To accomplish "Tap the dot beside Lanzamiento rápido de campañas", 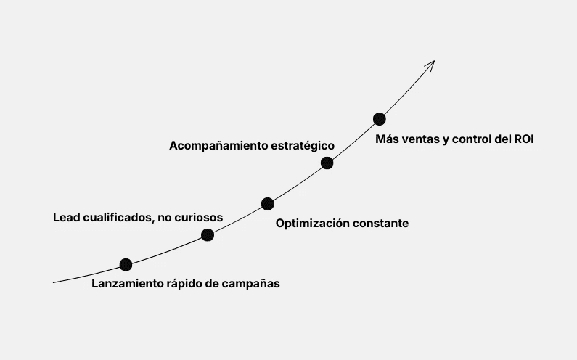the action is [x=126, y=265].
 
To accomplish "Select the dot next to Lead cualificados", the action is [x=208, y=234].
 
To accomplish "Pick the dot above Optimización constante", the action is [x=267, y=204].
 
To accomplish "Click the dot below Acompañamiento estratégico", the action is [x=327, y=163].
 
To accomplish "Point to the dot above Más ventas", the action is [x=379, y=119].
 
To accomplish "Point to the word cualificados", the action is [x=116, y=217].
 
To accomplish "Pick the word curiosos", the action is [x=198, y=217].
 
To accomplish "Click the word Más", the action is [x=386, y=139].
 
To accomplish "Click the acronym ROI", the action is [x=523, y=139].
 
